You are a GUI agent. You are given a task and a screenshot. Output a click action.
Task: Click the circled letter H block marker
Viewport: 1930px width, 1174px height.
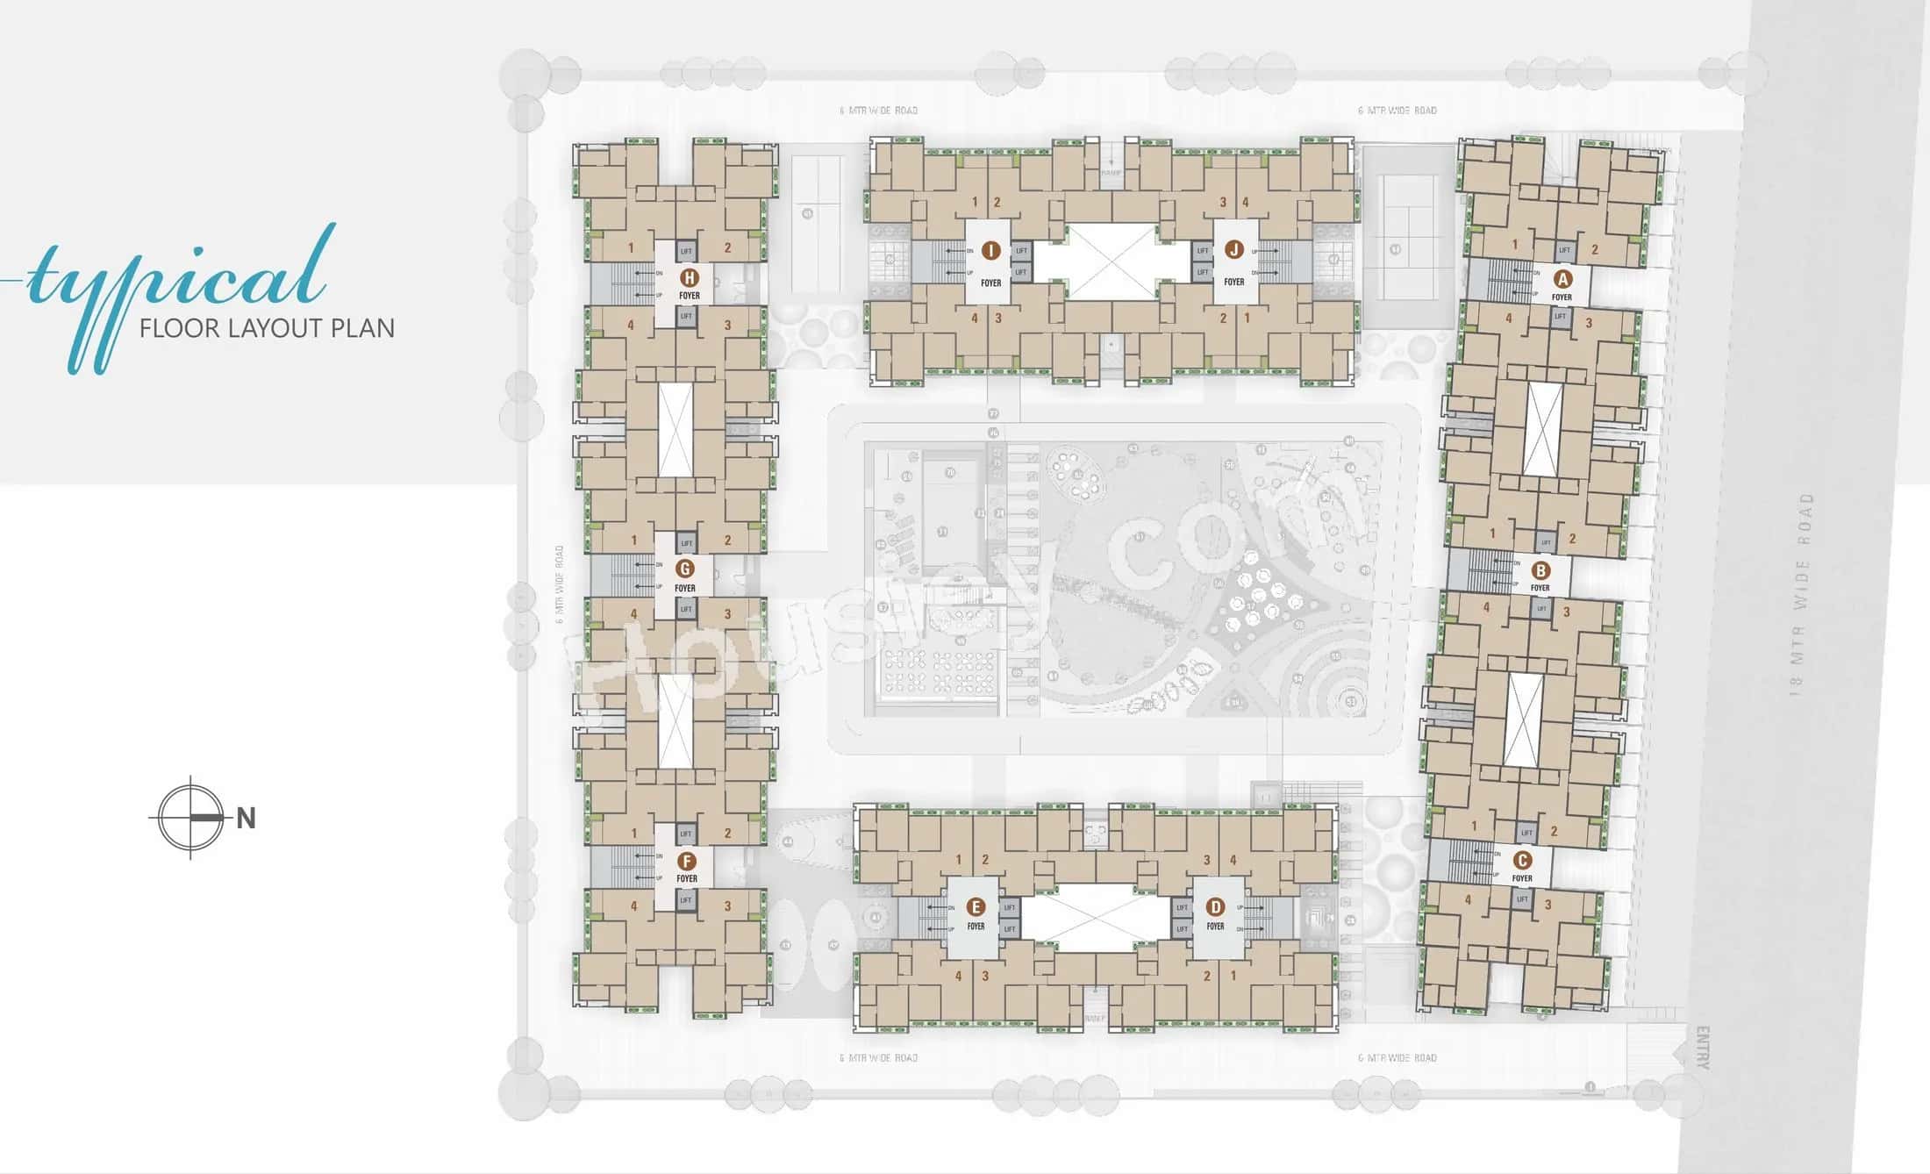[x=690, y=278]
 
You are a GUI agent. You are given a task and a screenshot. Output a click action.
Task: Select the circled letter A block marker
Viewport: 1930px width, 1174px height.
[x=1562, y=280]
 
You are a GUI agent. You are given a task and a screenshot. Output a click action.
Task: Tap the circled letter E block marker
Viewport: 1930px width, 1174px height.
[x=975, y=907]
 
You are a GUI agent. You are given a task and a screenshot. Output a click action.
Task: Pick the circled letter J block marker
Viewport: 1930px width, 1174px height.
[x=1234, y=250]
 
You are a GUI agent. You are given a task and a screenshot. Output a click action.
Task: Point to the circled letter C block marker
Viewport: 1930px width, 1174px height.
[x=1522, y=861]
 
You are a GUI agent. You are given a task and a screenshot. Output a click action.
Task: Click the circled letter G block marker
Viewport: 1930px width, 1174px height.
[x=685, y=569]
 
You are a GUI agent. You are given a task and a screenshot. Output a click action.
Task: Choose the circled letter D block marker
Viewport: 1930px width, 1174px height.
[x=1215, y=907]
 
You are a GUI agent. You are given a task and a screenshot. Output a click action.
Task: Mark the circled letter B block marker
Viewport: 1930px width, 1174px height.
[x=1540, y=571]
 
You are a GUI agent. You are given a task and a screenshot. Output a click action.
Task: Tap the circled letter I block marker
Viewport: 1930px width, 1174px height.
[x=990, y=251]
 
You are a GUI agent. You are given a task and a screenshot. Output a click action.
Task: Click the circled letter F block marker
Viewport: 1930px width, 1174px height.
[x=686, y=861]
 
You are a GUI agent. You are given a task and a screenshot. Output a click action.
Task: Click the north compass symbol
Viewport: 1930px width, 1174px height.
[x=190, y=818]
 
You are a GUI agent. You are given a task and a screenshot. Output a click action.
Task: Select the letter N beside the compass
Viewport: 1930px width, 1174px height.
[x=246, y=819]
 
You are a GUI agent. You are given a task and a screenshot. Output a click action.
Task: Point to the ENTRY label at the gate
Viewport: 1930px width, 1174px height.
[x=1703, y=1048]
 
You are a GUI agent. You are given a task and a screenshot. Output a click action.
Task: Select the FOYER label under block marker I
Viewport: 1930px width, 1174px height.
[x=990, y=283]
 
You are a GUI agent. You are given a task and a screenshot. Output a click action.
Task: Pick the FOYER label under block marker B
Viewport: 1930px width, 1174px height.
[x=1540, y=588]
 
